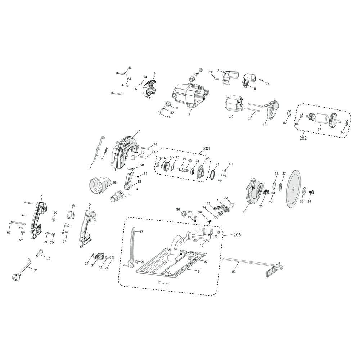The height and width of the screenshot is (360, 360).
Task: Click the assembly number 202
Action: click(x=303, y=138)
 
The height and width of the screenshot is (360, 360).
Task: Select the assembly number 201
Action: click(x=207, y=148)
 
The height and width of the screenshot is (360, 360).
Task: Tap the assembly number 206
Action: click(x=237, y=234)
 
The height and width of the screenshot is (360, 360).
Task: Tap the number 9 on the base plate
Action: click(x=198, y=270)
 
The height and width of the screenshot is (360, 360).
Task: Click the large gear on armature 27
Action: click(x=333, y=119)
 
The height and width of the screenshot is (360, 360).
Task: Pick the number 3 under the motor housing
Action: click(x=189, y=114)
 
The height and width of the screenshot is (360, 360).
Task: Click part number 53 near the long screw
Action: click(x=130, y=68)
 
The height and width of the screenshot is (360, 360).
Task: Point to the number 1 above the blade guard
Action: click(x=140, y=131)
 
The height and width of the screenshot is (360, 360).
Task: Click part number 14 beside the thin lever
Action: click(x=90, y=168)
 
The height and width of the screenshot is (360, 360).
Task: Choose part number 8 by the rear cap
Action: click(x=255, y=88)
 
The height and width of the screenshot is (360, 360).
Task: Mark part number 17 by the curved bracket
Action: click(x=141, y=232)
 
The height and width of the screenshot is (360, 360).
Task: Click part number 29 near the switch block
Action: click(x=73, y=205)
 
